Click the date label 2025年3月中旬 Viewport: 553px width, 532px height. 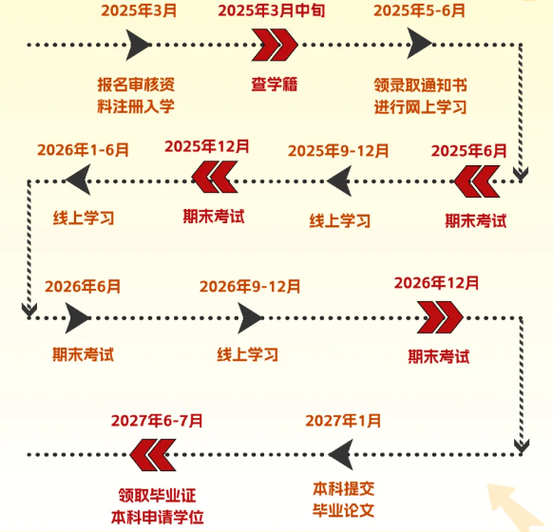coord(271,10)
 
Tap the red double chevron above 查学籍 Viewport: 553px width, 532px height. coord(275,45)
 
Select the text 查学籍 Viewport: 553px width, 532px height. coord(275,85)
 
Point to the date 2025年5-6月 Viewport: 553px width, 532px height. coord(419,10)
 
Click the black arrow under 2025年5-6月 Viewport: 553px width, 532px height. coord(420,44)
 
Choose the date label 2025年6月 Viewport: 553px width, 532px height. coord(468,151)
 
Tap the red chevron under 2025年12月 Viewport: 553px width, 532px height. coord(215,177)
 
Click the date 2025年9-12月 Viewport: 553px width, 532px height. coord(338,151)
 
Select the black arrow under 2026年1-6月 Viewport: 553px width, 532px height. coord(78,180)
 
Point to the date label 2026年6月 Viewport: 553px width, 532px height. coord(83,286)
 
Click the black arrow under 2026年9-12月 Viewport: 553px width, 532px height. coord(250,317)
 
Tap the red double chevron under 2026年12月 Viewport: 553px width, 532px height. coord(440,317)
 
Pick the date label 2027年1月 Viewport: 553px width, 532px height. coord(343,421)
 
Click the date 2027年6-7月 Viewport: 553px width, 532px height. coord(157,421)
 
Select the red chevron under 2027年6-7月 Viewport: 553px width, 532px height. coord(153,455)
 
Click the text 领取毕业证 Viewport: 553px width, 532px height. coord(158,495)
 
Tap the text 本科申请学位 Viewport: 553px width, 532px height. coord(158,517)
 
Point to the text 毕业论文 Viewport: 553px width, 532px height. coord(344,510)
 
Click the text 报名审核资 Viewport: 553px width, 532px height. coord(136,85)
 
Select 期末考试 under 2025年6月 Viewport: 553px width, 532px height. coord(476,221)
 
